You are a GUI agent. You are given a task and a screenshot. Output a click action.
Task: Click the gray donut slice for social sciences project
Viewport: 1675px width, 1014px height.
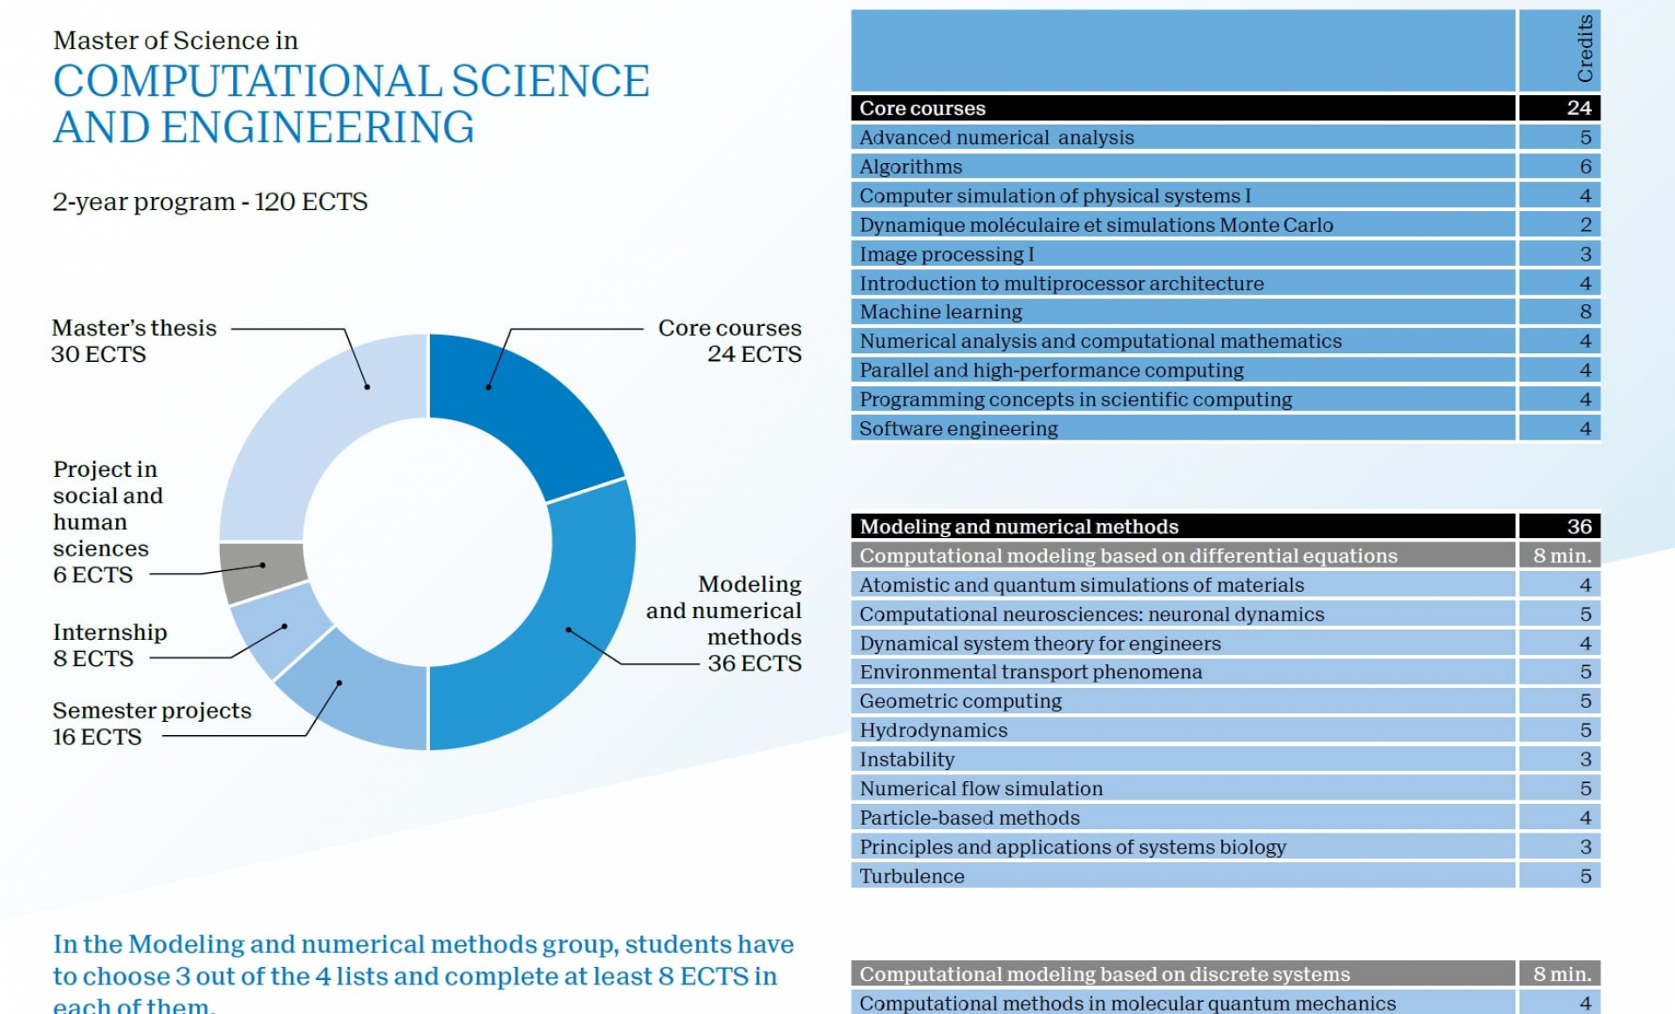[262, 571]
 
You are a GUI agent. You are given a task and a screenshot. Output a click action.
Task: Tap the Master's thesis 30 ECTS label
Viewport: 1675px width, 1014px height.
[133, 341]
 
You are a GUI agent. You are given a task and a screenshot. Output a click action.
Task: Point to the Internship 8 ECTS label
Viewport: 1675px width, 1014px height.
[109, 645]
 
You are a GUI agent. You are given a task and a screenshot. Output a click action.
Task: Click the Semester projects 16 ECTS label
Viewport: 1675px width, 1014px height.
[151, 723]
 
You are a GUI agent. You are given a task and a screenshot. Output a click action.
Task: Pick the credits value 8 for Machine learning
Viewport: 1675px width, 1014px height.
[1584, 312]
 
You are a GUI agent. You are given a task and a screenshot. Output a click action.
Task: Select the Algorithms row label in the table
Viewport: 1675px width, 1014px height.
[911, 167]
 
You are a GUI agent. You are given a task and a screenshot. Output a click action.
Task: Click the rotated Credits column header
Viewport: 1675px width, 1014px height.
[1584, 50]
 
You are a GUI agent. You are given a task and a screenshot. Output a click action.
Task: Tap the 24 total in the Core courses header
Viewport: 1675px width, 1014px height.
[1578, 108]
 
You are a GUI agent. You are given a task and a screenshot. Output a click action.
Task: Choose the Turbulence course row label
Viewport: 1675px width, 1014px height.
[912, 876]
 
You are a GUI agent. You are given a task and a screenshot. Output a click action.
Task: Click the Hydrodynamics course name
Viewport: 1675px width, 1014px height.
[933, 731]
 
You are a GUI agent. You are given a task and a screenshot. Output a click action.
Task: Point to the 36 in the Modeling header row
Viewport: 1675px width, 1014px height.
[1578, 527]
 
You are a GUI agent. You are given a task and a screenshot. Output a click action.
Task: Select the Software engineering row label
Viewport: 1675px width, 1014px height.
[958, 429]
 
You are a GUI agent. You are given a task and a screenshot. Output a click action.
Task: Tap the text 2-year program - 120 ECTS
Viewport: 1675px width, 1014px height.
[209, 202]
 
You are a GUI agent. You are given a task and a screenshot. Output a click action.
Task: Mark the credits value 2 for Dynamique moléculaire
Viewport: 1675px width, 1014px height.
[1584, 225]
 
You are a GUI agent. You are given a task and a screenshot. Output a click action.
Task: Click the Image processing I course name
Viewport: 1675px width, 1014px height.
[946, 255]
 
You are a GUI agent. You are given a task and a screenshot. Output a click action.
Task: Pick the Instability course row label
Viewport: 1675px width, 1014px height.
[906, 759]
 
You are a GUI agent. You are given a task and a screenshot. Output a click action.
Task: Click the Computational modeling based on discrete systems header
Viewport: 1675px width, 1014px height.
[1104, 974]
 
